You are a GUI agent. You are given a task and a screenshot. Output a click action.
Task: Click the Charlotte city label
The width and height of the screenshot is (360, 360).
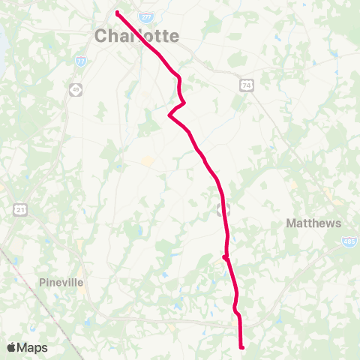pyautogui.click(x=136, y=35)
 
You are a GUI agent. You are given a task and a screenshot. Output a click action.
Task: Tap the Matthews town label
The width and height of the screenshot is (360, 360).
pyautogui.click(x=313, y=223)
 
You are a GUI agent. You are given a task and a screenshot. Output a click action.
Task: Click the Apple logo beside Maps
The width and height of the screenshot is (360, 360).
pyautogui.click(x=11, y=347)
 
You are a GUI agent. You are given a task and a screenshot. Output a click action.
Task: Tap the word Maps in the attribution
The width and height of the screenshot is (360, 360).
pyautogui.click(x=32, y=347)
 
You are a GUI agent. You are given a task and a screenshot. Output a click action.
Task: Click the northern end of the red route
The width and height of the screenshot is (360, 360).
pyautogui.click(x=118, y=12)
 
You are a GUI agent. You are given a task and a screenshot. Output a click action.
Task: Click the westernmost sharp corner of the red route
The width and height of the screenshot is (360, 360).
pyautogui.click(x=170, y=115)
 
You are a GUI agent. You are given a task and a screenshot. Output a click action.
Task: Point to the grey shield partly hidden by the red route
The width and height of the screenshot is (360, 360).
pyautogui.click(x=220, y=207)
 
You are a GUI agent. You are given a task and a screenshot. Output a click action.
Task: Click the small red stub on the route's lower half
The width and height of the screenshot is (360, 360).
pyautogui.click(x=224, y=256)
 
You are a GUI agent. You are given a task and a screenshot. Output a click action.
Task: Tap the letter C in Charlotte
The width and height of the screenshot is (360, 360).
pyautogui.click(x=101, y=35)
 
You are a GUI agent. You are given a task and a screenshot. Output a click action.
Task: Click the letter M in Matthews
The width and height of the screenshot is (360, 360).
pyautogui.click(x=291, y=223)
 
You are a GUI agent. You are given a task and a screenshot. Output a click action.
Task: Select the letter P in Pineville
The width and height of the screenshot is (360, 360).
pyautogui.click(x=42, y=283)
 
